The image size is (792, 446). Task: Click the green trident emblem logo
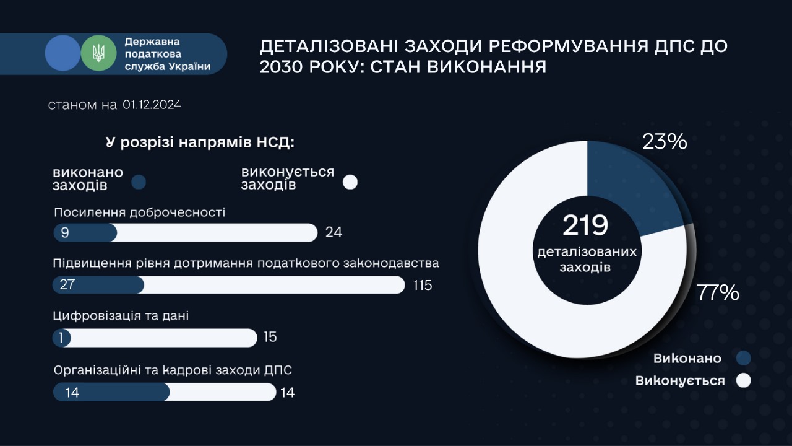point(98,53)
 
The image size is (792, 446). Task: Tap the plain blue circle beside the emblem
point(63,53)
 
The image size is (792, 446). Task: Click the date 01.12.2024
point(152,105)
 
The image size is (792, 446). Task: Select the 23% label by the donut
point(665,141)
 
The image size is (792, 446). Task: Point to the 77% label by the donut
point(718,293)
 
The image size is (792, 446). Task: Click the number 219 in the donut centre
point(585,225)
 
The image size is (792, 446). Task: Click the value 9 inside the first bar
point(65,232)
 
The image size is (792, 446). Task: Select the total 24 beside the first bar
point(334,232)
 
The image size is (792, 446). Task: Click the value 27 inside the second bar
point(67,284)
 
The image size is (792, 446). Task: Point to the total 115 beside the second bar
point(423,285)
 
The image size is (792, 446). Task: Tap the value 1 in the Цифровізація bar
point(61,338)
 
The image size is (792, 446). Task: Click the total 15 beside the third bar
point(270,337)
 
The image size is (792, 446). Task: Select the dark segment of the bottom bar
point(111,392)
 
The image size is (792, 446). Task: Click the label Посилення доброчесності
point(140,212)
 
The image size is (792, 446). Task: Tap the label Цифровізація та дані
point(121,316)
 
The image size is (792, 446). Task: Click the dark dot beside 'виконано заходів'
point(139,182)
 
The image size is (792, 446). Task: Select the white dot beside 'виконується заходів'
point(350,182)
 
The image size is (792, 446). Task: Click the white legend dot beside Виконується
point(743,380)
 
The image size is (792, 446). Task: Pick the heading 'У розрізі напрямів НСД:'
point(200,142)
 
